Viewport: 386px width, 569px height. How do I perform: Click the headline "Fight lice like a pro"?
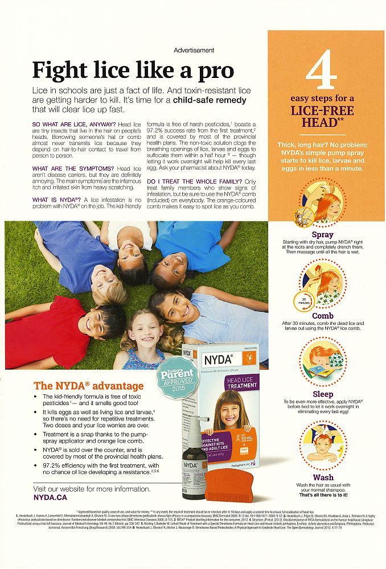pyautogui.click(x=133, y=71)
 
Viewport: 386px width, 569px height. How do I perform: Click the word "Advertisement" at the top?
pyautogui.click(x=194, y=51)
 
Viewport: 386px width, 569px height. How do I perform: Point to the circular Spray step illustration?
pyautogui.click(x=323, y=203)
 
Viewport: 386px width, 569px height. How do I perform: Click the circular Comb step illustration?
pyautogui.click(x=323, y=283)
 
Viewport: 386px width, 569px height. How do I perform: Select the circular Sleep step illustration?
pyautogui.click(x=323, y=361)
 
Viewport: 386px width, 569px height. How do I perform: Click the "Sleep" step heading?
pyautogui.click(x=323, y=394)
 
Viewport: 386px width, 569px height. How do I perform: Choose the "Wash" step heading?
pyautogui.click(x=323, y=477)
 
